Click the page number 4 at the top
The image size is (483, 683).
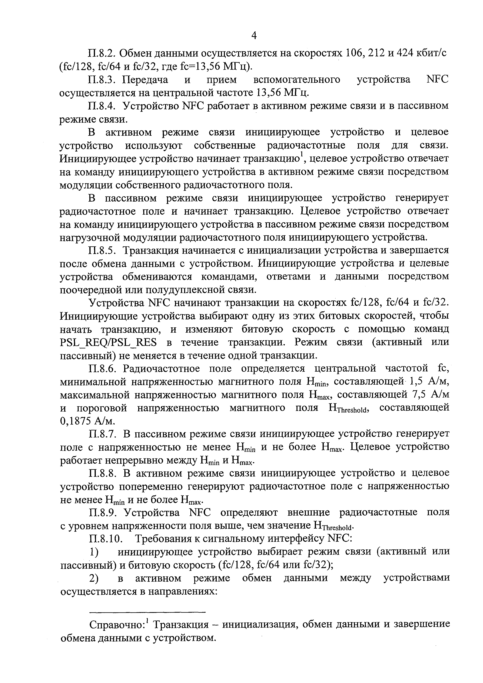(254, 36)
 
